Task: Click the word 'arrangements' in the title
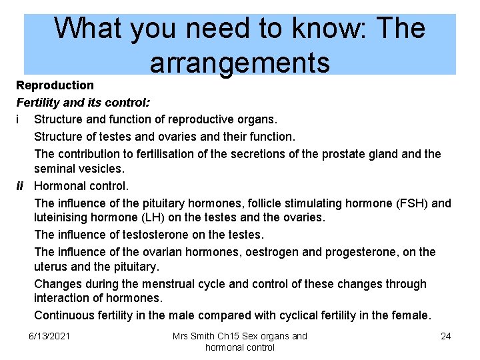click(239, 63)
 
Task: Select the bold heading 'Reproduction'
click(55, 85)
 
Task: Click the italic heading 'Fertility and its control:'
click(83, 103)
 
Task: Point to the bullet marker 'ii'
click(21, 186)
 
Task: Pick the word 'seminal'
click(54, 170)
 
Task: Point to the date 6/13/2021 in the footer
click(51, 336)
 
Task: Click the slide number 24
click(445, 336)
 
